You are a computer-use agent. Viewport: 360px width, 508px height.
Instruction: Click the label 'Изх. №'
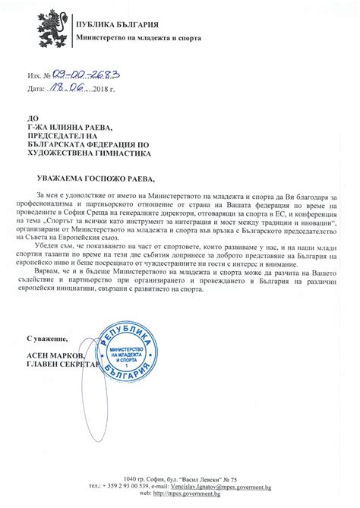click(x=38, y=77)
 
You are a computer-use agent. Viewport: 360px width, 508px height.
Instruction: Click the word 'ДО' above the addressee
click(x=31, y=118)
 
